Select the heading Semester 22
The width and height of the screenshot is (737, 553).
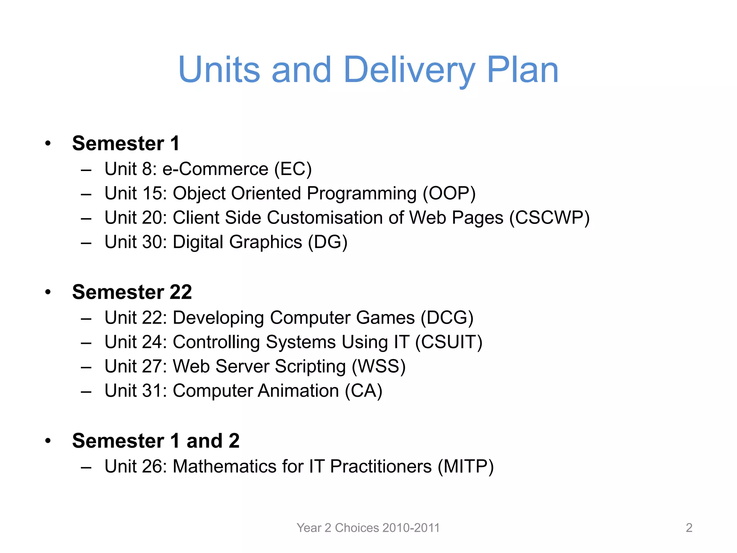click(132, 292)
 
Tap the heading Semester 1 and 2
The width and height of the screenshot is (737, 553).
click(155, 440)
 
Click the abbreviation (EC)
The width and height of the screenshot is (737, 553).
click(293, 169)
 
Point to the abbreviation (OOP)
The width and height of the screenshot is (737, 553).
click(449, 194)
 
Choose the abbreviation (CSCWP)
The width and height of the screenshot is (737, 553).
click(550, 218)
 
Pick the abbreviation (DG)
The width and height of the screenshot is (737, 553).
click(327, 242)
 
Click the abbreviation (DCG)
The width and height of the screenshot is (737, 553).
click(447, 318)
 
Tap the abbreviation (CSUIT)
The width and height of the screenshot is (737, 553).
click(449, 342)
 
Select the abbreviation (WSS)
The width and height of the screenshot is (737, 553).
click(379, 367)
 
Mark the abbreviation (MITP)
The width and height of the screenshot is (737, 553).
click(466, 467)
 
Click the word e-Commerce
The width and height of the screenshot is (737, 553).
click(215, 169)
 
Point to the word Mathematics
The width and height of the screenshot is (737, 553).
click(225, 467)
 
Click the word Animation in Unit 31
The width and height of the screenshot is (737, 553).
click(298, 391)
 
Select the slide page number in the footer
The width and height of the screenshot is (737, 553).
click(689, 528)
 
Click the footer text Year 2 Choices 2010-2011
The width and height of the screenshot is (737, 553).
click(368, 528)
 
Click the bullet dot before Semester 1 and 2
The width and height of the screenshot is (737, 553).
click(48, 441)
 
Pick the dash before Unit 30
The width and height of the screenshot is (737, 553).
click(86, 243)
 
